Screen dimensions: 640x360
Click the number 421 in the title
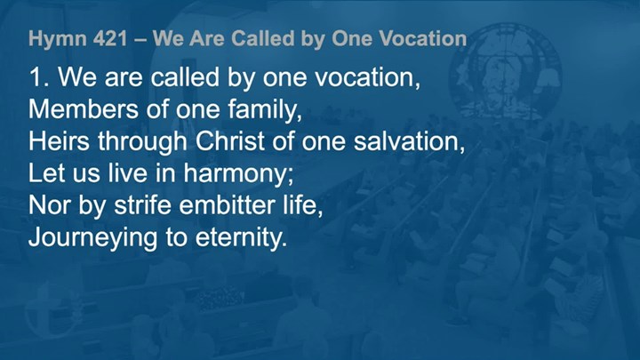[110, 39]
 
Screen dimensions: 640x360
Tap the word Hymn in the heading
[58, 40]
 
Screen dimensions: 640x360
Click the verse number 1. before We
[39, 76]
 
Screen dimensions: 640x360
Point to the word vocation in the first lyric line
[369, 77]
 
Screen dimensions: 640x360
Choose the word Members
[84, 109]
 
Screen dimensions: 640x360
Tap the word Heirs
[59, 141]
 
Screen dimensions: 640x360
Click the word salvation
[410, 141]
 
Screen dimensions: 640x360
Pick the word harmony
[238, 174]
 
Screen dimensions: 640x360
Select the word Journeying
[93, 238]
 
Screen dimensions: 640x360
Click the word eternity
[241, 238]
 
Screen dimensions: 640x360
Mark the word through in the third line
[142, 142]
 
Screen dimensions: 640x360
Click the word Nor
[50, 205]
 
